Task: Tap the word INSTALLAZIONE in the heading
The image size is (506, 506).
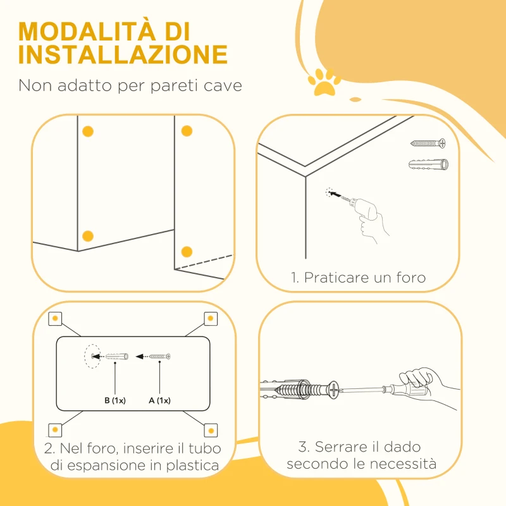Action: click(123, 55)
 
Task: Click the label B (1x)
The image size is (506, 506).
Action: click(114, 400)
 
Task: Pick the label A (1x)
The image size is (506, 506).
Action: click(159, 400)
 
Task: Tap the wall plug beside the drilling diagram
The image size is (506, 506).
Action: click(429, 164)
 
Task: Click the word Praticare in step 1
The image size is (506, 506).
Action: click(335, 277)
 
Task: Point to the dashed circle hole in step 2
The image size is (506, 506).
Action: click(92, 357)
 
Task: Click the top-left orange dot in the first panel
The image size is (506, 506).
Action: click(88, 132)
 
